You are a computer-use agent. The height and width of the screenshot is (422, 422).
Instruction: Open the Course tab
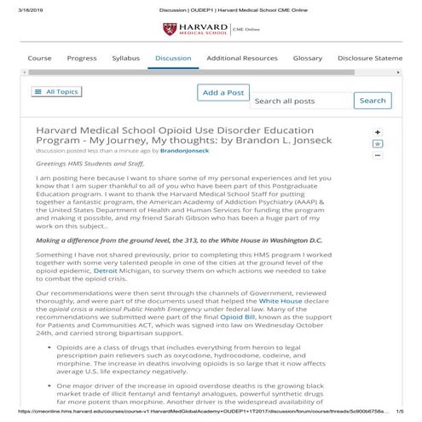(x=39, y=58)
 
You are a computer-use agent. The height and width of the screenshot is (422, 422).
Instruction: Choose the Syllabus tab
(x=125, y=58)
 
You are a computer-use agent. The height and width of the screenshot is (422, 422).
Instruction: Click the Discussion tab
(x=173, y=58)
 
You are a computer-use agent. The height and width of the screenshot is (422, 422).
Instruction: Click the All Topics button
(x=56, y=91)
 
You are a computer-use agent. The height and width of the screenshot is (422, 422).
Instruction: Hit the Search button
(x=372, y=101)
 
